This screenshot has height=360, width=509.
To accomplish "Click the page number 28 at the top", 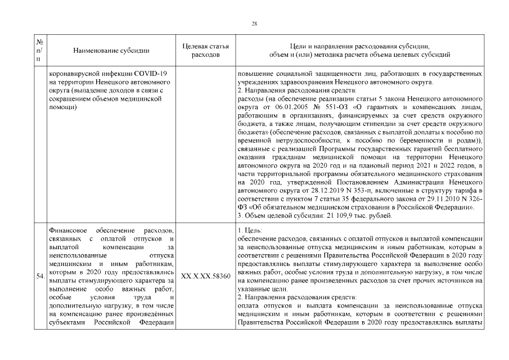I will (x=254, y=23).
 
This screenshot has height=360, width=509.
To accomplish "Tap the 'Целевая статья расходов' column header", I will (x=206, y=51).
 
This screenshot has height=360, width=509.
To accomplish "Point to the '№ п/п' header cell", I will (x=40, y=51).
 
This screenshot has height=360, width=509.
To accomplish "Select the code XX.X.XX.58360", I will (x=206, y=277).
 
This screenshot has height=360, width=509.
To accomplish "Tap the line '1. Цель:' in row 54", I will (x=249, y=229).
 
